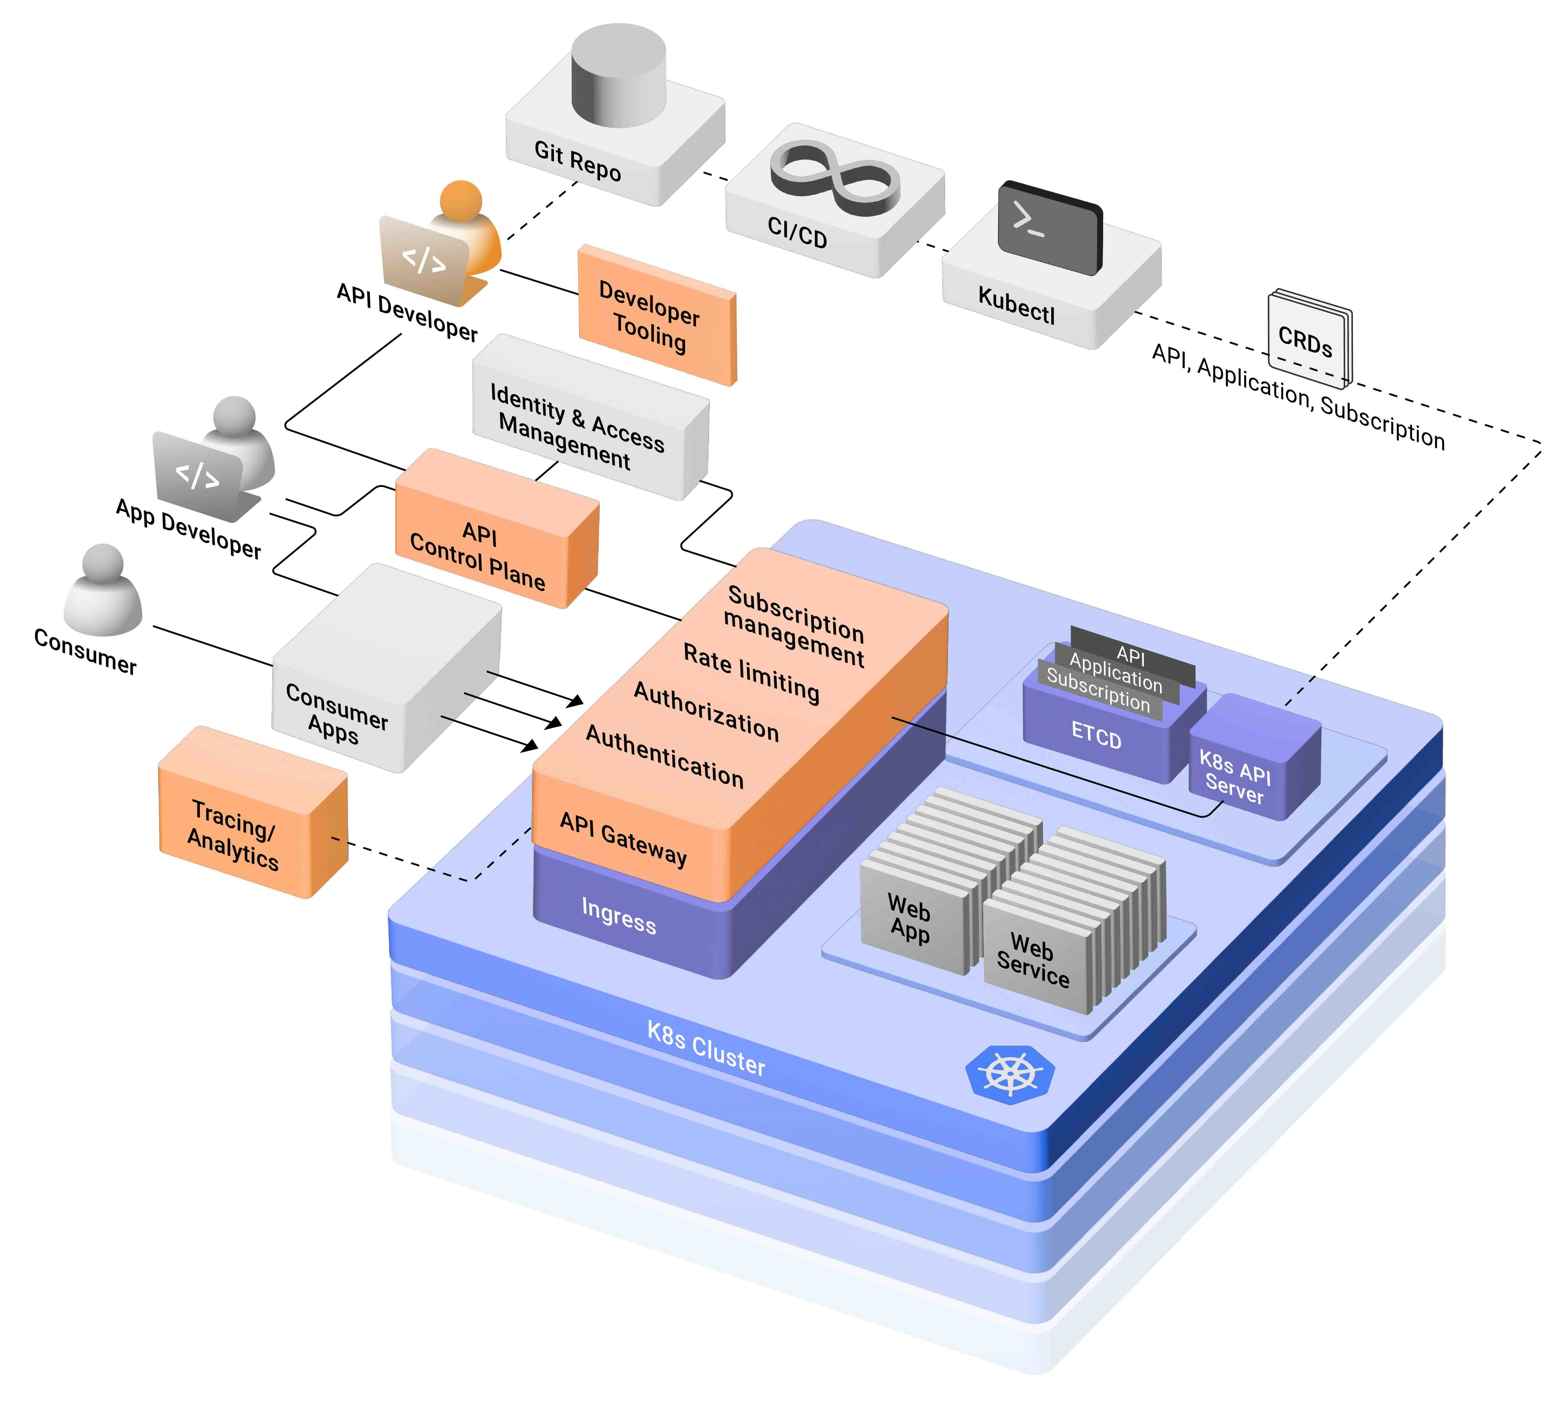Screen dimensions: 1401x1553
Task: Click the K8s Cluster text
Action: coord(705,1049)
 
